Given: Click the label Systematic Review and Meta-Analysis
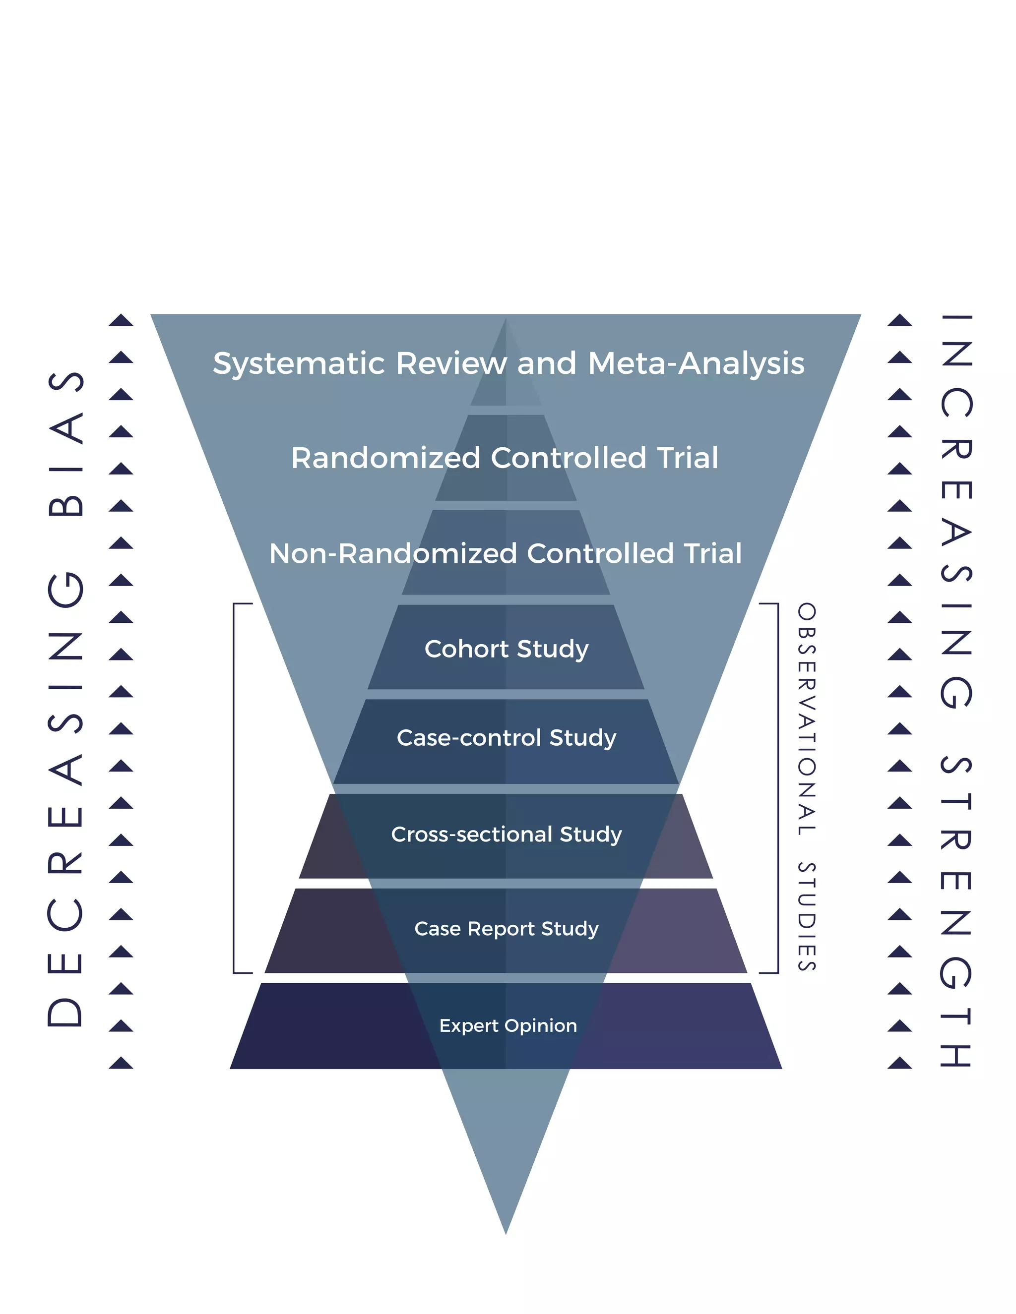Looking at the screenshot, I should tap(508, 364).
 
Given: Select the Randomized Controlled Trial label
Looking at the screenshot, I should tap(505, 458).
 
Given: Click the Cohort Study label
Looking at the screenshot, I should tap(506, 649).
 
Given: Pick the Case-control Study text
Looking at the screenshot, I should tap(506, 738).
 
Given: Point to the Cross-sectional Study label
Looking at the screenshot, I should tap(506, 834).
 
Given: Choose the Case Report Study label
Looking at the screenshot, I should tap(506, 928).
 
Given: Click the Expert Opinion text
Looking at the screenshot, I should tap(508, 1025).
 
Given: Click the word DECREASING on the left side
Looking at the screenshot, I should tap(65, 800).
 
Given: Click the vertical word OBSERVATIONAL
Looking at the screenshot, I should tap(807, 719).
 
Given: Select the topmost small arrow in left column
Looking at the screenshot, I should tap(121, 321).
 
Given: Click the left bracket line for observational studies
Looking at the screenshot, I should tap(234, 788).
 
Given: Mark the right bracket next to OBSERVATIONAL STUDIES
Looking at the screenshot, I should tap(778, 788).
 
